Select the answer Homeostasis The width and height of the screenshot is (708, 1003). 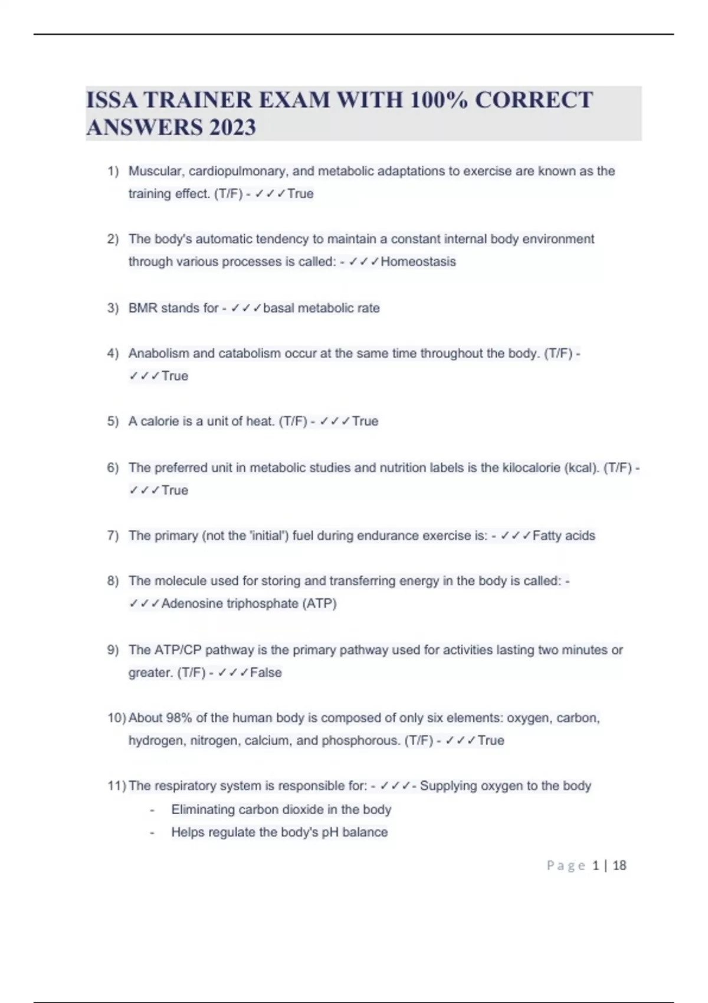click(x=418, y=261)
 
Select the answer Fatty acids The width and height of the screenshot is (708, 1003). click(x=563, y=536)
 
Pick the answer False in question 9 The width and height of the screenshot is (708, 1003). click(x=266, y=673)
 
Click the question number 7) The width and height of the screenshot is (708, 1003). click(x=113, y=536)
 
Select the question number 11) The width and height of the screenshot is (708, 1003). click(x=116, y=786)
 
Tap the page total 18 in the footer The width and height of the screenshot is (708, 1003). click(x=619, y=866)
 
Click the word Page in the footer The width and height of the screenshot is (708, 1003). click(x=566, y=866)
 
